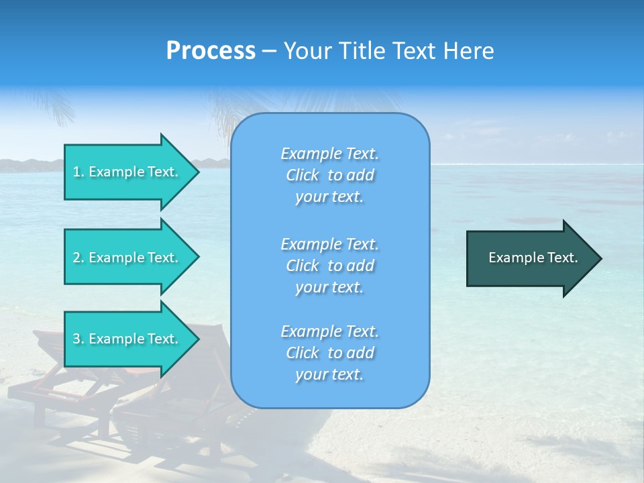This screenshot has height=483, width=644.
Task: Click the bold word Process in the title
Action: coord(211,51)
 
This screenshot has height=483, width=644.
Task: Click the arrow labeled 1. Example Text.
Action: coord(127,172)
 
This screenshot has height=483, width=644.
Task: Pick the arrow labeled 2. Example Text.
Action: coord(127,258)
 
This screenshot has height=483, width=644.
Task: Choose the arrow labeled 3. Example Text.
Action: coord(127,339)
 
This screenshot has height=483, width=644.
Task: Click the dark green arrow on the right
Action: coord(530,258)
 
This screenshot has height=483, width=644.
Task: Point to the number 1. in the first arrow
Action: coord(78,172)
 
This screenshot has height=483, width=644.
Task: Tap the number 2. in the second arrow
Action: coord(78,258)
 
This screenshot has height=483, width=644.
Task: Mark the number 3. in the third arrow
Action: coord(78,339)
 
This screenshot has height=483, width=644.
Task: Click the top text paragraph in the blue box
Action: coord(329,175)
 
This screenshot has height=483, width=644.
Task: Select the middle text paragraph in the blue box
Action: coord(329,266)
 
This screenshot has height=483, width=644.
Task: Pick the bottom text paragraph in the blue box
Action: coord(329,353)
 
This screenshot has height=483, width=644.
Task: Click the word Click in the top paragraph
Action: coord(303,175)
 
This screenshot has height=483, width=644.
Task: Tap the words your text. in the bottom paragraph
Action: coord(329,374)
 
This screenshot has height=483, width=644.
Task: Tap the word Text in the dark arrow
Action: coord(562,258)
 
